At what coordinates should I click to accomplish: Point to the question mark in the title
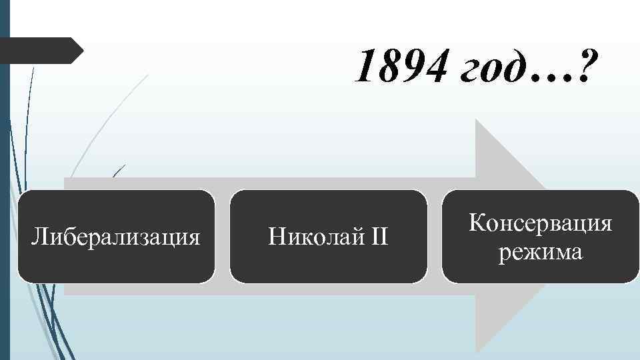584,68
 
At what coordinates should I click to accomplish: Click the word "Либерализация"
117,236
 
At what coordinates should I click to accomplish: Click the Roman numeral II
376,236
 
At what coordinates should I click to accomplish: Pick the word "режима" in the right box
540,253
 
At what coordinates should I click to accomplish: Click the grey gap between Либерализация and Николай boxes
223,236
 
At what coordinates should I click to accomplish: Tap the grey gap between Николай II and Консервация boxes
434,236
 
